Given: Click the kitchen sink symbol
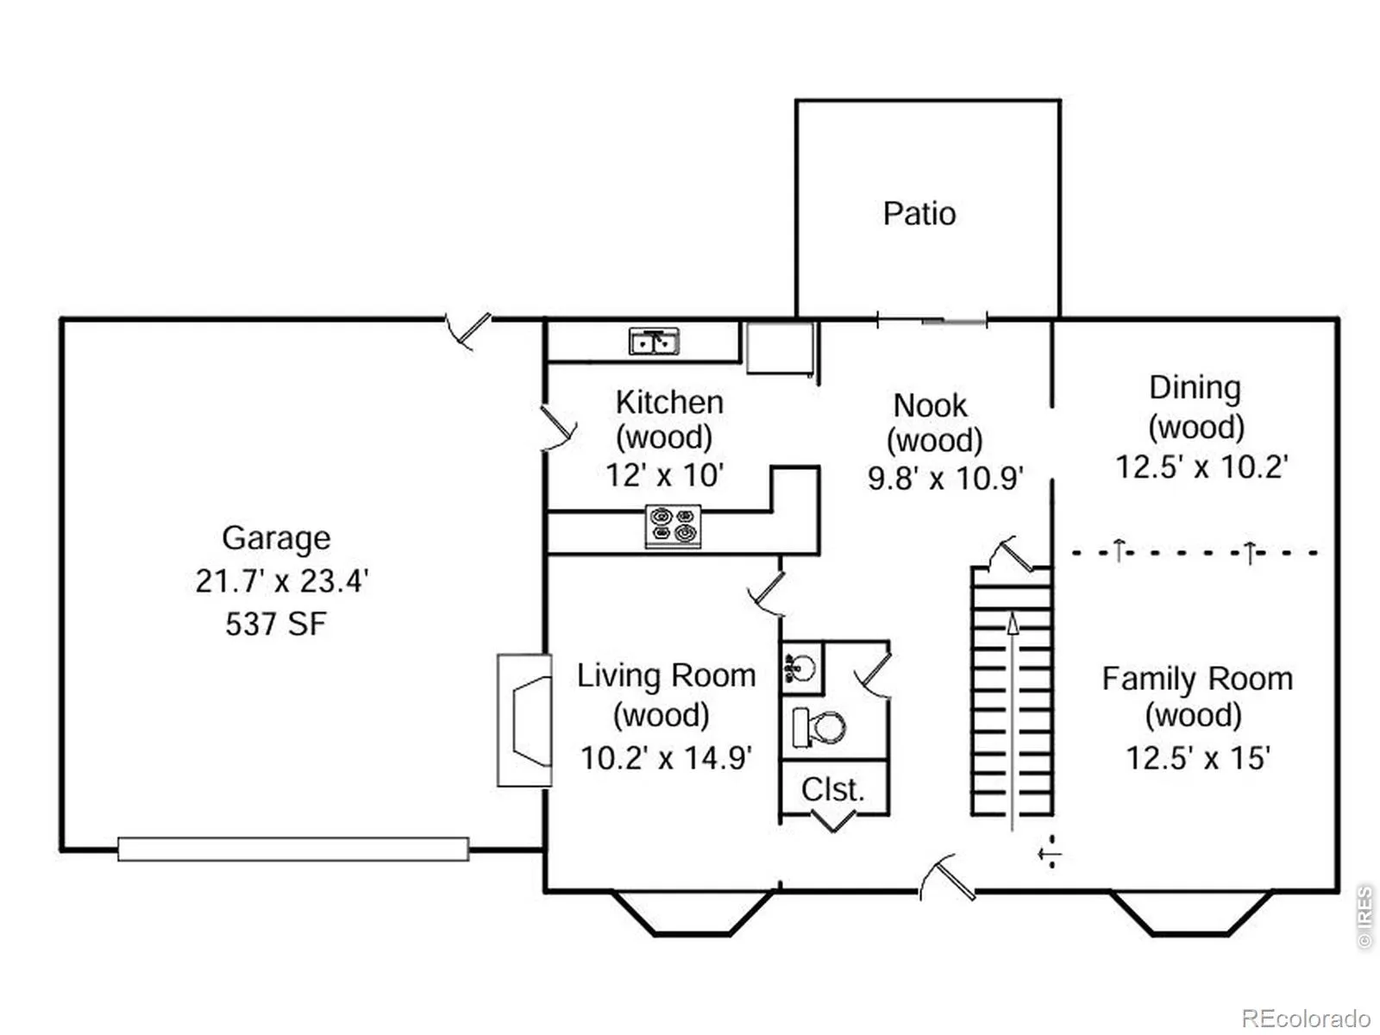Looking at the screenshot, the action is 653,342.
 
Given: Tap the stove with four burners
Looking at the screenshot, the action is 673,524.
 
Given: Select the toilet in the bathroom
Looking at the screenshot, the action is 818,727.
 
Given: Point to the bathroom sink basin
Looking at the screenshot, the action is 800,668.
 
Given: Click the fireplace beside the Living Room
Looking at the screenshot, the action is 524,719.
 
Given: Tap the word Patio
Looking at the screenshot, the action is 919,214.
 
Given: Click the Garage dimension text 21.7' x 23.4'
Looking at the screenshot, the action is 281,580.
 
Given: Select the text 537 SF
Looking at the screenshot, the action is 276,624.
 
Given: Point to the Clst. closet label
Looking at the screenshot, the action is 832,789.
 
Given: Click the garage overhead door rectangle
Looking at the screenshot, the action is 293,849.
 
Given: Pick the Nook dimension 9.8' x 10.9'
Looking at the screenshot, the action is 945,478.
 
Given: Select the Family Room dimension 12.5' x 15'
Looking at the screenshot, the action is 1198,757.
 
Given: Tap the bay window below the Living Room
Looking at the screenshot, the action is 693,913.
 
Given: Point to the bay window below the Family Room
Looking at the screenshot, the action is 1191,913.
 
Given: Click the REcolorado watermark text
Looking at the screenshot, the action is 1306,1018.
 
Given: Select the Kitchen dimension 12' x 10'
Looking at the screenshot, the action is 664,475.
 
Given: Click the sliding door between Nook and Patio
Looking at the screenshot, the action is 931,321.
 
